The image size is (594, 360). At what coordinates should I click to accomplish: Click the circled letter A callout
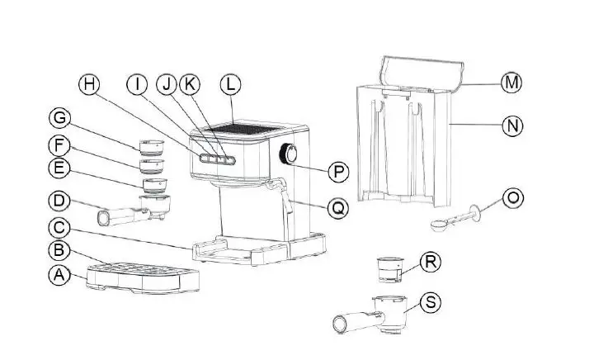[58, 277]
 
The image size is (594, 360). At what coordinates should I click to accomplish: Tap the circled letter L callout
[231, 84]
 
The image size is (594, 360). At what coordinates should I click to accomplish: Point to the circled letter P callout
[338, 172]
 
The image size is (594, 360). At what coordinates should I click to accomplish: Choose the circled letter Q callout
[337, 209]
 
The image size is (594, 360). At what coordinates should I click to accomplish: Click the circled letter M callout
[512, 83]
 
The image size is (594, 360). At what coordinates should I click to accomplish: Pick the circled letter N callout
[512, 126]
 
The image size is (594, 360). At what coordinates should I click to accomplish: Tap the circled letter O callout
[513, 198]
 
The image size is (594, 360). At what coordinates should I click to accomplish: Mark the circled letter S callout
[431, 301]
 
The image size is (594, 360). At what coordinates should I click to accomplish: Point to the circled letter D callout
[58, 201]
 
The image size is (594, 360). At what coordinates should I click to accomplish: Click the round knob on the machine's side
[290, 154]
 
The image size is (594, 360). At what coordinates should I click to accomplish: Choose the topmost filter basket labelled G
[152, 147]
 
